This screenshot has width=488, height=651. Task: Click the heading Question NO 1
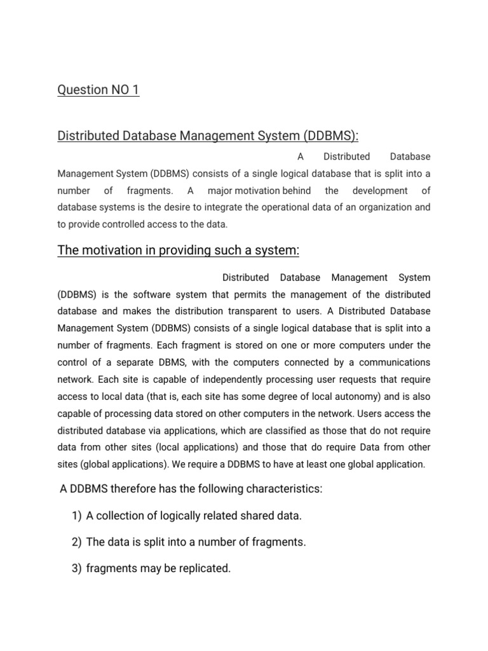coord(98,90)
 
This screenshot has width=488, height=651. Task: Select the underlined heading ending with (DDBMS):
coord(208,135)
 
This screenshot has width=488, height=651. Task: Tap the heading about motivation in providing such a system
coord(178,250)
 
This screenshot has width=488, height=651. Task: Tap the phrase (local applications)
coord(178,447)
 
